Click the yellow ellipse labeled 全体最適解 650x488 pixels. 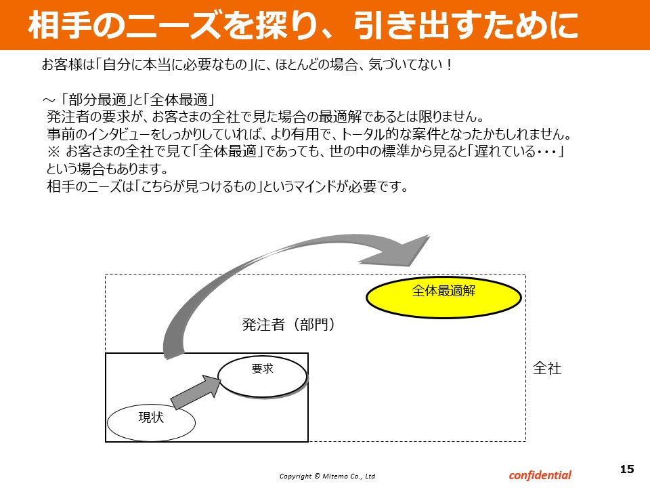443,298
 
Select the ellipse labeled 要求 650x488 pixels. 263,377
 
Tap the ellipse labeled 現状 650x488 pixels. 151,422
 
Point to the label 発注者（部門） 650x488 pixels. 288,325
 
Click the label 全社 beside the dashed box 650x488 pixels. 547,368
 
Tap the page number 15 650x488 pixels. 627,469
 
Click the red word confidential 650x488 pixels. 540,475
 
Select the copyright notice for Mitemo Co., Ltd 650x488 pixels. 327,476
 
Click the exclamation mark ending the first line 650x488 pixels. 450,65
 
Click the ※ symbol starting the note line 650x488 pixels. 53,151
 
